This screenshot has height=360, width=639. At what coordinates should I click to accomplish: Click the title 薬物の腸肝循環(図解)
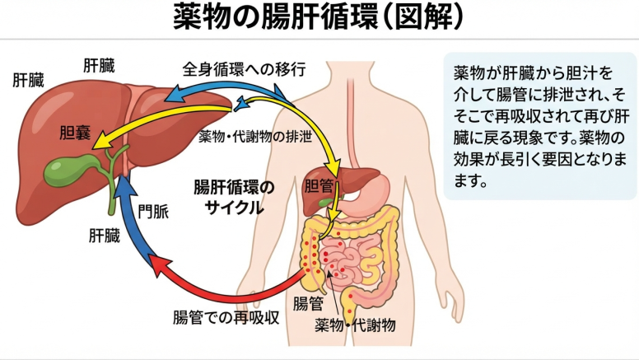pyautogui.click(x=319, y=17)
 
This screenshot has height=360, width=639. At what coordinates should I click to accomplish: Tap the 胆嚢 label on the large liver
pyautogui.click(x=75, y=133)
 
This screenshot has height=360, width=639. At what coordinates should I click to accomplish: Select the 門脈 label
pyautogui.click(x=153, y=211)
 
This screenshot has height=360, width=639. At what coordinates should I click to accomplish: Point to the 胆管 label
pyautogui.click(x=319, y=186)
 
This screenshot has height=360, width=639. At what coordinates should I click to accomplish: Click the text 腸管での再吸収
pyautogui.click(x=226, y=317)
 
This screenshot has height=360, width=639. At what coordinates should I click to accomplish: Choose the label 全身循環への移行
pyautogui.click(x=244, y=69)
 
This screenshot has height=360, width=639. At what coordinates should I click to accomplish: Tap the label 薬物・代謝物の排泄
pyautogui.click(x=255, y=137)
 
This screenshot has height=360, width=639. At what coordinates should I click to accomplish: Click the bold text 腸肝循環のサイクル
pyautogui.click(x=234, y=198)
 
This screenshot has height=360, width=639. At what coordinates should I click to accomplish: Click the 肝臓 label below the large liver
pyautogui.click(x=105, y=236)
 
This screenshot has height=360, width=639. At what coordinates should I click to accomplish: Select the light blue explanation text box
pyautogui.click(x=540, y=125)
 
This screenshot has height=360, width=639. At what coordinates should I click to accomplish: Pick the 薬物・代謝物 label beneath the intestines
pyautogui.click(x=355, y=325)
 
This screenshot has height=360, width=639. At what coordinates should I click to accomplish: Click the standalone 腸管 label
pyautogui.click(x=309, y=304)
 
